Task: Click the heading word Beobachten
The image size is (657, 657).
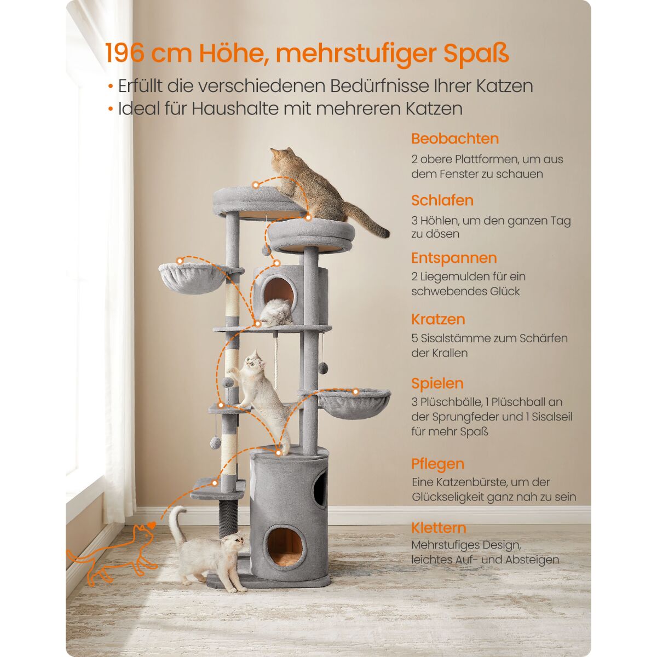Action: (x=455, y=139)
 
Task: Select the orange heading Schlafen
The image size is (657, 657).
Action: (x=442, y=200)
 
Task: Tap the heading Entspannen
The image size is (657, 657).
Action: (x=454, y=258)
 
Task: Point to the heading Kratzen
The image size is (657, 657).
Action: (x=438, y=319)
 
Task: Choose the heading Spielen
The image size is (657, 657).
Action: (x=437, y=383)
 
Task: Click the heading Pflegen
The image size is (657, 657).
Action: (x=438, y=464)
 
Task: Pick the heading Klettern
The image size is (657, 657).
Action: (x=439, y=528)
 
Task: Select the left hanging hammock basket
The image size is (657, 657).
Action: (x=192, y=278)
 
